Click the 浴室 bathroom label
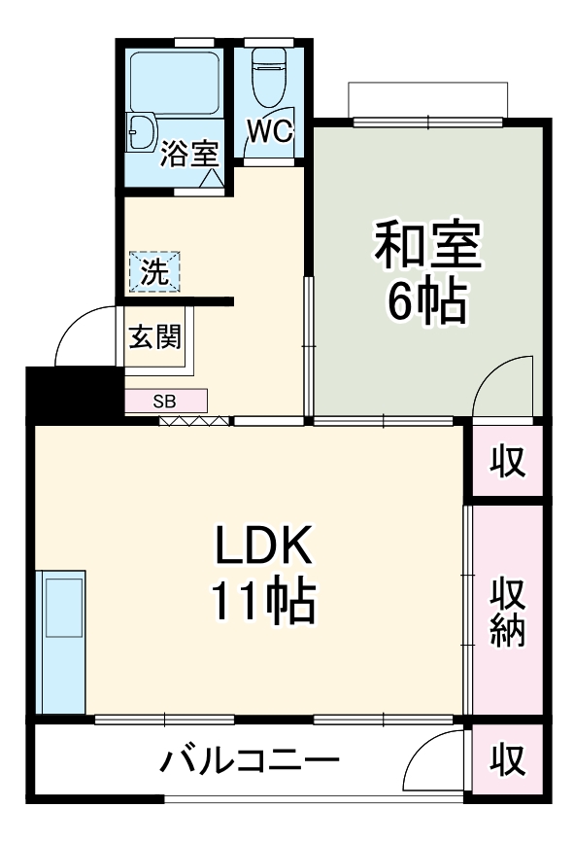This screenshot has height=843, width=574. [x=189, y=154]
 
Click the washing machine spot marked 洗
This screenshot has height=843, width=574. [x=154, y=271]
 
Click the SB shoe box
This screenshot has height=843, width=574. [x=165, y=400]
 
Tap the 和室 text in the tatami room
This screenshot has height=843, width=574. [x=428, y=247]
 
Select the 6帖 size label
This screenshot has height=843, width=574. [x=428, y=302]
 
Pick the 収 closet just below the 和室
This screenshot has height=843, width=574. [x=506, y=461]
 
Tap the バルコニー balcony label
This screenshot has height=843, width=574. [x=250, y=760]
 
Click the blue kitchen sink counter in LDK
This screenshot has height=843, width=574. [x=60, y=642]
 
